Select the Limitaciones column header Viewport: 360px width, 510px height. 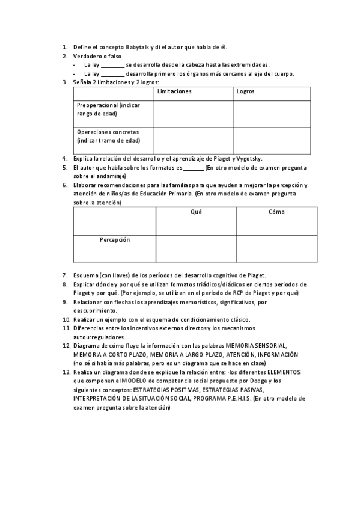coord(174,91)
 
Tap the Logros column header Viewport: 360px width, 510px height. coord(246,91)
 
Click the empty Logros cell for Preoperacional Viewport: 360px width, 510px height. coord(272,114)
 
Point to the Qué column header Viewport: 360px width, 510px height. coord(196,212)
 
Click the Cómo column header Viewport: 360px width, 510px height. coord(276,212)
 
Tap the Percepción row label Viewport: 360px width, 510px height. coord(114,239)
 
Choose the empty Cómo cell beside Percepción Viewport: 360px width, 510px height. coord(276,248)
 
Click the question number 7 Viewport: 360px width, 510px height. coord(65,275)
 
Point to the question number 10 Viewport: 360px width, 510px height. coord(66,319)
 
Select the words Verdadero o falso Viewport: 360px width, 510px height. coord(97,56)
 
